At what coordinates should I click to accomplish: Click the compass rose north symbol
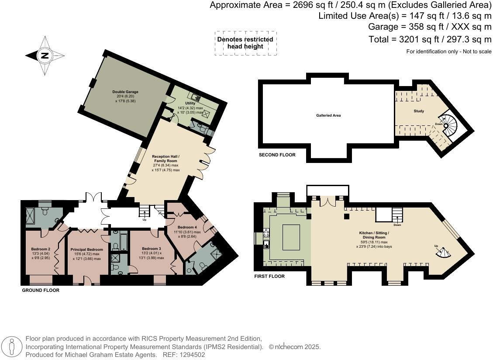pyautogui.click(x=45, y=55)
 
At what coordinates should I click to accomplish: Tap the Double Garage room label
pyautogui.click(x=125, y=92)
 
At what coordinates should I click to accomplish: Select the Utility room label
pyautogui.click(x=190, y=103)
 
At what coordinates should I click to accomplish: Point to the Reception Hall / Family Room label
pyautogui.click(x=165, y=159)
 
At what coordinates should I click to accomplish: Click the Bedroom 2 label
pyautogui.click(x=41, y=249)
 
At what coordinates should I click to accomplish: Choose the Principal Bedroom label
pyautogui.click(x=87, y=249)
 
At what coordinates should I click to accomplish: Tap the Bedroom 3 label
pyautogui.click(x=152, y=249)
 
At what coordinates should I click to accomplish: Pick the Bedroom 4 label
pyautogui.click(x=187, y=227)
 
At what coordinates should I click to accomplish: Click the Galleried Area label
pyautogui.click(x=328, y=115)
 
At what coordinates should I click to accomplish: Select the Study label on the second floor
pyautogui.click(x=419, y=111)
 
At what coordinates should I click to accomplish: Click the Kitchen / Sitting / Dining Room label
pyautogui.click(x=374, y=235)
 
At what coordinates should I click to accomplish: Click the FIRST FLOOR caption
pyautogui.click(x=269, y=276)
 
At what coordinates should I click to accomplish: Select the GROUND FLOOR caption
pyautogui.click(x=41, y=290)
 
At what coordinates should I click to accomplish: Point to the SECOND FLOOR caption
pyautogui.click(x=277, y=155)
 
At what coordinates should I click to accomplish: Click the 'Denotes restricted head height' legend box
pyautogui.click(x=245, y=43)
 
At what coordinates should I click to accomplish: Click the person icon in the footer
pyautogui.click(x=12, y=347)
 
